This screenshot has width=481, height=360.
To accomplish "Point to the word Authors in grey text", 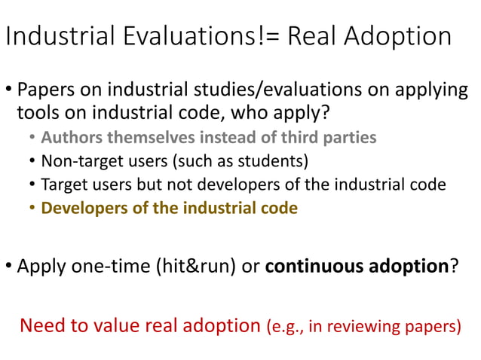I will (x=68, y=138).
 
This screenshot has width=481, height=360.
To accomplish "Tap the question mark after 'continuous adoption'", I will (x=454, y=266).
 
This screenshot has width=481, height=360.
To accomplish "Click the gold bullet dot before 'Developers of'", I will (x=32, y=209).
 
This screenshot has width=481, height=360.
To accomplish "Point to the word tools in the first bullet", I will (x=36, y=113).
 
